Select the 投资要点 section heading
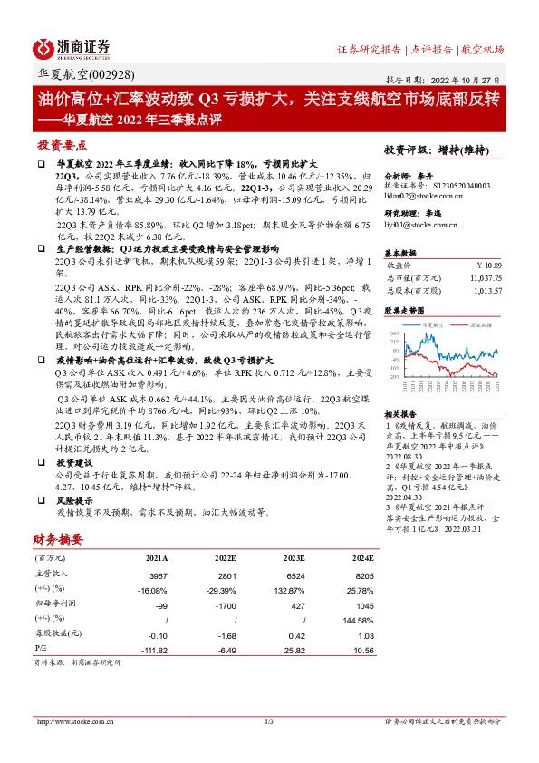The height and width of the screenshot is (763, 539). [x=61, y=145]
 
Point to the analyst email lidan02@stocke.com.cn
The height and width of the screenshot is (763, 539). [x=425, y=196]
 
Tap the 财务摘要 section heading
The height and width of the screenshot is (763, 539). [x=61, y=538]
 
